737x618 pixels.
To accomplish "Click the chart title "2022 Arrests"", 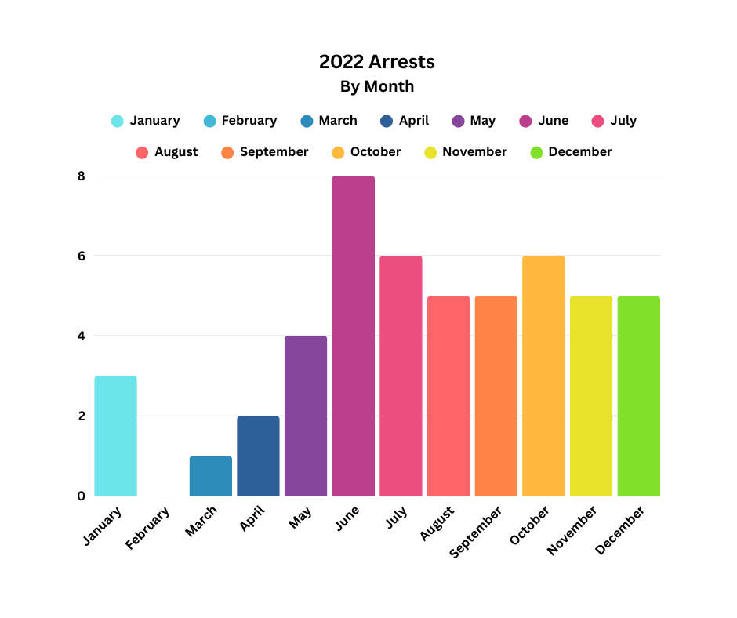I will click(x=376, y=61).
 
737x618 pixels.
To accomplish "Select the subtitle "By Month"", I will click(x=376, y=86).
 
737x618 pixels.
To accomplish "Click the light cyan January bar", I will click(x=115, y=436).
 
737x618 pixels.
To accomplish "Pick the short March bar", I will click(x=210, y=476).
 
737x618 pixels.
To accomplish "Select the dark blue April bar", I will click(x=258, y=456).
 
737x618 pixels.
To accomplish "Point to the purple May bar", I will click(x=306, y=416).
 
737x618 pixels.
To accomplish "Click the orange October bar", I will click(x=543, y=376).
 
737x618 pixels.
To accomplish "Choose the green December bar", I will click(x=638, y=396).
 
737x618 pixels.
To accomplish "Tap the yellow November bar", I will click(x=591, y=396).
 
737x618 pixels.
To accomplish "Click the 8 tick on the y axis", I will click(x=81, y=176).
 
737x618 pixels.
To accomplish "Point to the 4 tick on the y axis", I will click(x=81, y=336).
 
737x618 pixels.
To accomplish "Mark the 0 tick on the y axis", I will click(x=81, y=496).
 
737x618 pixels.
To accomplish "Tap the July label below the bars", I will click(x=397, y=518).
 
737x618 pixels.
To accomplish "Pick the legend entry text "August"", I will click(x=176, y=152).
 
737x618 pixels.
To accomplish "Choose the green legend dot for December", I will click(x=537, y=152).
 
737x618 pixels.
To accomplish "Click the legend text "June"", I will click(x=553, y=121).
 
